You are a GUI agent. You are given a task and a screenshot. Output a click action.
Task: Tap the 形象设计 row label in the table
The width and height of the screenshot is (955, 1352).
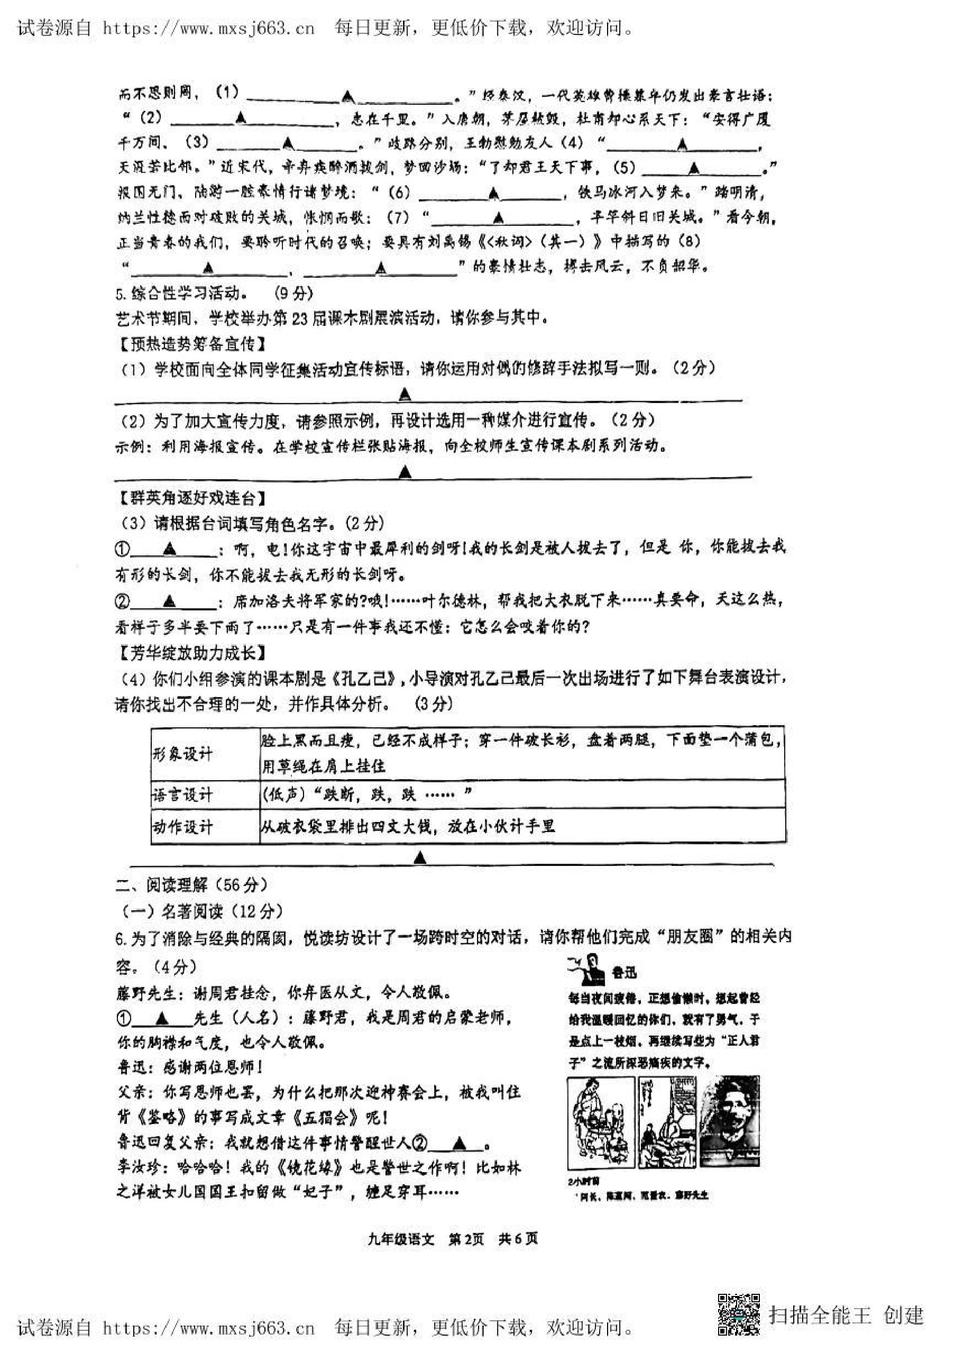click(182, 753)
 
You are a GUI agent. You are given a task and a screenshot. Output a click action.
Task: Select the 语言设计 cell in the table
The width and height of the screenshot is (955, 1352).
click(182, 794)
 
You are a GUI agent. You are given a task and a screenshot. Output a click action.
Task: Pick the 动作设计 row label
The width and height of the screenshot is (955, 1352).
click(182, 827)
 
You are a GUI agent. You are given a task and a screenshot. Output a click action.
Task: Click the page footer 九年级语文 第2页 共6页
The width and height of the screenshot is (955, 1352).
click(453, 1239)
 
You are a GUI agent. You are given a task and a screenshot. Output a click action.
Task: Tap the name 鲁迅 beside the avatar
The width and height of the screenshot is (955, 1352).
click(623, 973)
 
